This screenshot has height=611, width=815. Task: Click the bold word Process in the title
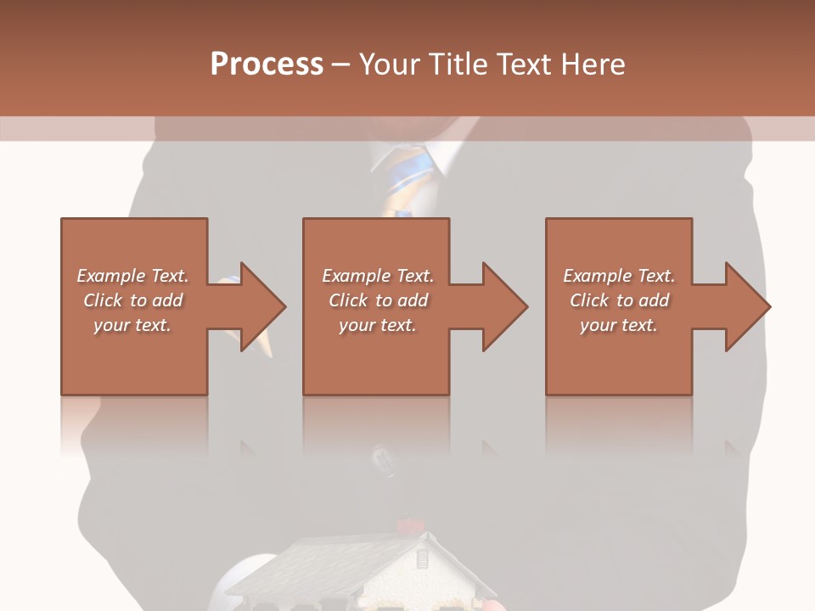(x=267, y=64)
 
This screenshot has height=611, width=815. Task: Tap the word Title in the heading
(x=456, y=64)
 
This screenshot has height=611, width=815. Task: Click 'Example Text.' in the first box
(x=132, y=276)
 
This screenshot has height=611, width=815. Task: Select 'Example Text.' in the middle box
(x=378, y=276)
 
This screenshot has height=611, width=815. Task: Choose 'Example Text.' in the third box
(x=619, y=276)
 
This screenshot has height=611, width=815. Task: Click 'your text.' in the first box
(x=132, y=325)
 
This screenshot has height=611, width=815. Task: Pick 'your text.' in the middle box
(x=378, y=325)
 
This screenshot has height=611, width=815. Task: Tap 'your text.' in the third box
(x=619, y=325)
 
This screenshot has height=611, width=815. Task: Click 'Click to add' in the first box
(x=132, y=300)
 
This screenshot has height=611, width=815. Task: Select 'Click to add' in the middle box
(x=378, y=300)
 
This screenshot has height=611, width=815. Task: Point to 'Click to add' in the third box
(x=619, y=300)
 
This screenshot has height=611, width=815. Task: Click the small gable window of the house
(x=421, y=561)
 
